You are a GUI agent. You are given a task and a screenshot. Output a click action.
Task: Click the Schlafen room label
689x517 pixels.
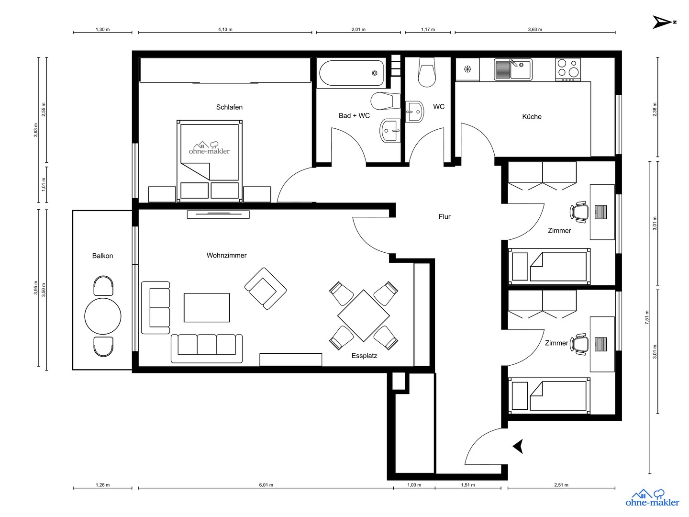coord(229,107)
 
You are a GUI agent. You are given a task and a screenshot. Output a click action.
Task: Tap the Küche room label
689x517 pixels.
coord(532,117)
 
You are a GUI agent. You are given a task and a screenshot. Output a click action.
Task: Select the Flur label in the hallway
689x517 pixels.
coord(445,217)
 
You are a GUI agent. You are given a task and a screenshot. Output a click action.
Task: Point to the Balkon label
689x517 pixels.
coord(102,256)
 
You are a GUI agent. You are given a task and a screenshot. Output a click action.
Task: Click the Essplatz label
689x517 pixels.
coord(364,356)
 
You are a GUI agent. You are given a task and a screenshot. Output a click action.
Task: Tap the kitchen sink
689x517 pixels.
coord(513,70)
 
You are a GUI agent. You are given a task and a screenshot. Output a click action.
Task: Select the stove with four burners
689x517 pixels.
coord(567,69)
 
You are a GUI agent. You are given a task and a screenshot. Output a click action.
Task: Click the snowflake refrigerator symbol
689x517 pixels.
coord(467,69)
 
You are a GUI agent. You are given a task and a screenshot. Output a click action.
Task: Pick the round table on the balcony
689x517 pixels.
coord(103,316)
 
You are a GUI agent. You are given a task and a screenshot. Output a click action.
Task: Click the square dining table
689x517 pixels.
coord(364,315)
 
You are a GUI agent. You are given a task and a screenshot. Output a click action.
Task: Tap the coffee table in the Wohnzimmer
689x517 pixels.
coord(207,308)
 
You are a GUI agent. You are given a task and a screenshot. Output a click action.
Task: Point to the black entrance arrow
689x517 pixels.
coord(518,446)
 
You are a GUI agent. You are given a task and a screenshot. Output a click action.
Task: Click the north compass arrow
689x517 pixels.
coord(663,22)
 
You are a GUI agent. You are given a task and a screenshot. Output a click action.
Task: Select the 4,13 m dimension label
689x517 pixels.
coord(225,29)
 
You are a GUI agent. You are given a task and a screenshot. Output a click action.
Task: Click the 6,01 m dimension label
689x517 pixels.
coord(266,485)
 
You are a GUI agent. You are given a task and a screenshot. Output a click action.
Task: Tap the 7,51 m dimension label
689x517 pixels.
coord(647,317)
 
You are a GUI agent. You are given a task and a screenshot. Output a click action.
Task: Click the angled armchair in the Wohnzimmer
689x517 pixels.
coord(265,288)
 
